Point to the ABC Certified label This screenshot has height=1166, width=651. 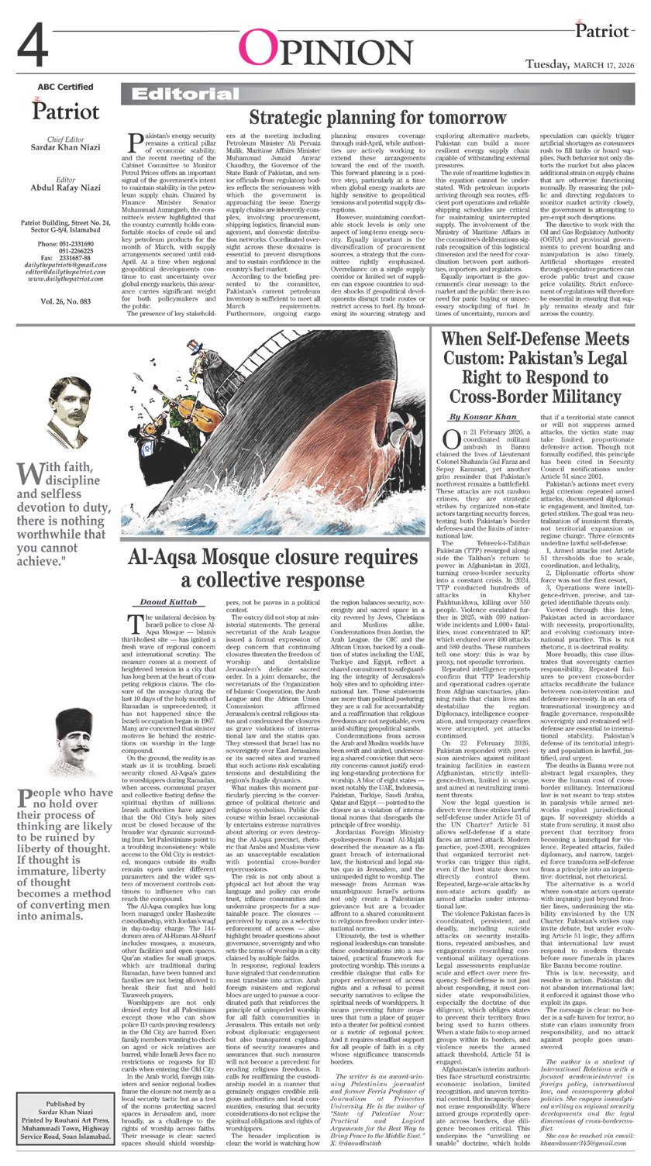65,87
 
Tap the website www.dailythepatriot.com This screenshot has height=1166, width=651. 65,277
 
